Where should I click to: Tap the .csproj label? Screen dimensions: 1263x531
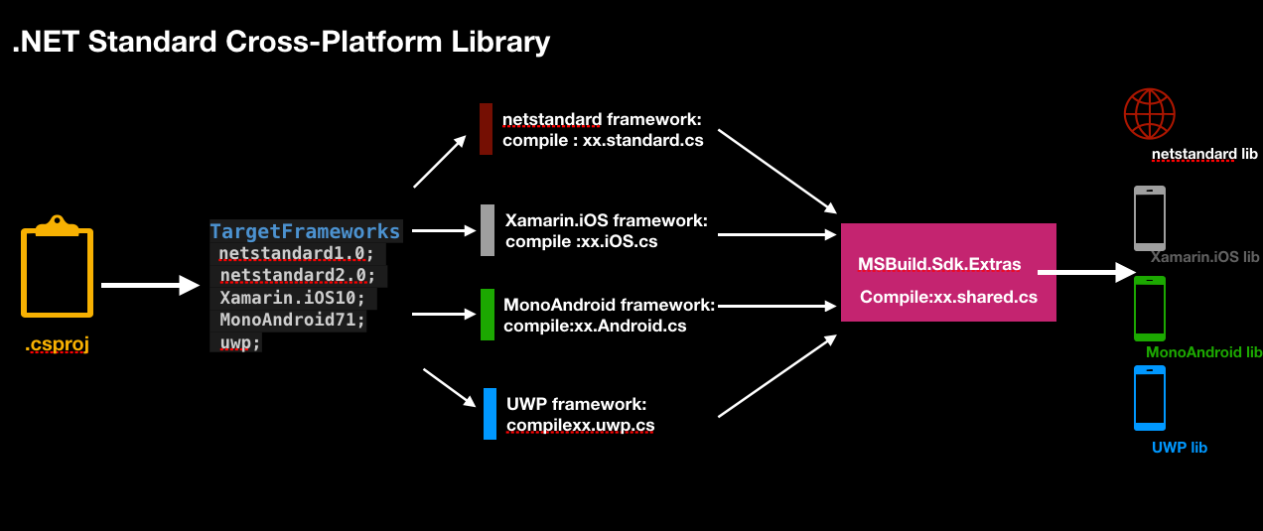coord(57,343)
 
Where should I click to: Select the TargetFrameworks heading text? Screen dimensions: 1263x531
coord(305,231)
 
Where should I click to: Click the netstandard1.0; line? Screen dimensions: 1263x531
coord(296,254)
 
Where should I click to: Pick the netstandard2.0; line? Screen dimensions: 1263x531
coord(297,276)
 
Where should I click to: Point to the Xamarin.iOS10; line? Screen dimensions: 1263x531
coord(292,298)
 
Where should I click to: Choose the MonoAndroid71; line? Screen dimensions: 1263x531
coord(293,320)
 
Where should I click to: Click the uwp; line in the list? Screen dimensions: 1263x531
coord(240,342)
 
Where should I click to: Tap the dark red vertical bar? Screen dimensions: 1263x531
coord(486,129)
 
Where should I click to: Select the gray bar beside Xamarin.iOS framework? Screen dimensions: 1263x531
coord(488,230)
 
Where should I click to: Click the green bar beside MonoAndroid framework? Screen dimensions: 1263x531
coord(488,315)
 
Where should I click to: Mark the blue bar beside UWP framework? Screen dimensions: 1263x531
coord(490,414)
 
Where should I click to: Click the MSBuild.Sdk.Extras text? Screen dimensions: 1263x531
coord(939,264)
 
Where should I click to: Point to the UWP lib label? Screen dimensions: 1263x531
coord(1180,448)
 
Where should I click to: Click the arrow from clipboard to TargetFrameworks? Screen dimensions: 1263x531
coord(151,285)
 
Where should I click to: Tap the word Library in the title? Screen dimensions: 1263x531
coord(500,43)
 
